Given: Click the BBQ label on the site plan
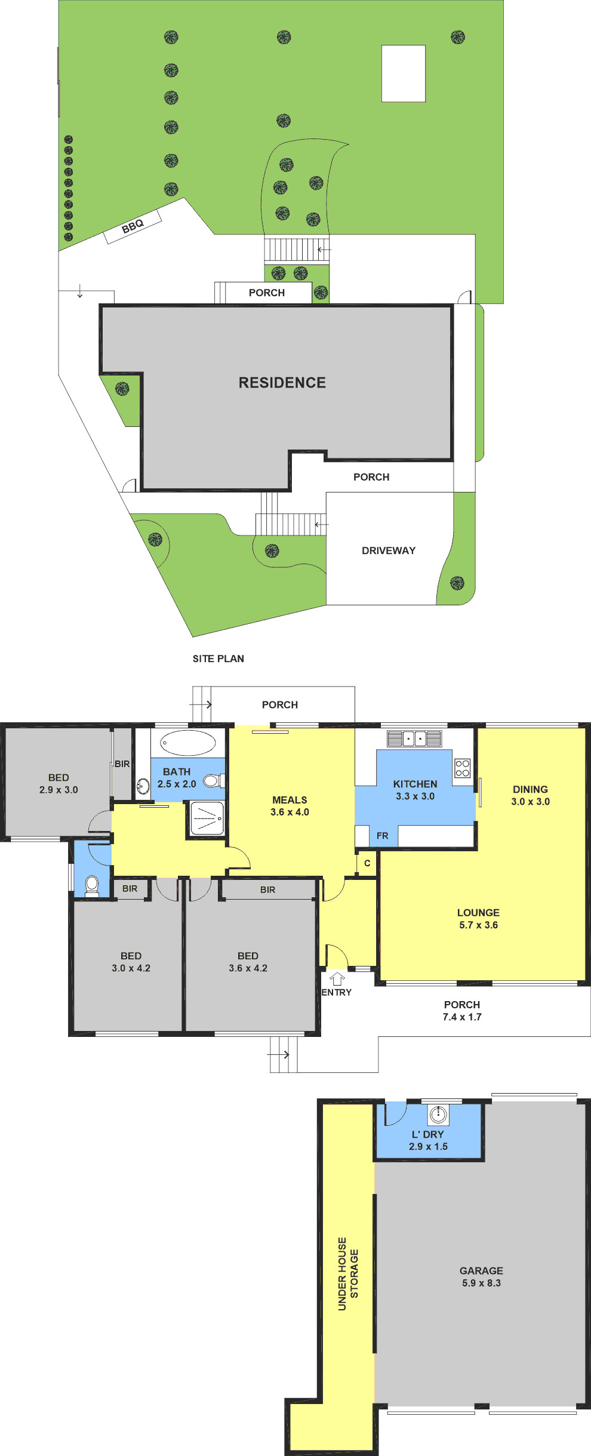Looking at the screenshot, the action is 133,226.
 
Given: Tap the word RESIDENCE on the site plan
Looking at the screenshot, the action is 282,383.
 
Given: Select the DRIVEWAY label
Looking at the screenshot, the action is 389,550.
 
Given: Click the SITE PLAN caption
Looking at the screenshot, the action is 218,658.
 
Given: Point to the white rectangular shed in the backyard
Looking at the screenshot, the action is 404,73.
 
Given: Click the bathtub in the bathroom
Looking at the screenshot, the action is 187,743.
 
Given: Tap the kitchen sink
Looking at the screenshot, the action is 414,738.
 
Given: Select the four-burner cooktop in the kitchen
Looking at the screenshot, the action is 462,768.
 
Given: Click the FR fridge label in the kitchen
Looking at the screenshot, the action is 383,836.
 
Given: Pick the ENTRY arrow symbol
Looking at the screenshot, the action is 338,978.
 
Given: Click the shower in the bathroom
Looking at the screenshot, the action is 207,818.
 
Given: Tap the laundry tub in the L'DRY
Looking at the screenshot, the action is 438,1114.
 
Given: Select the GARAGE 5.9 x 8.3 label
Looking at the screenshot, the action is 481,1277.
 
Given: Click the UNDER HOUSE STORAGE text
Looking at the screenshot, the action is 348,1274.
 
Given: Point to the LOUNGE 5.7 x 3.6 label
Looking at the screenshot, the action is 478,919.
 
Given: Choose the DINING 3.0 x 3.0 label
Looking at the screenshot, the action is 530,795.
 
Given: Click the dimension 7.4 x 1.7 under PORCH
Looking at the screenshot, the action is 462,1017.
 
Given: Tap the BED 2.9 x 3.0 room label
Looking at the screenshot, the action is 59,783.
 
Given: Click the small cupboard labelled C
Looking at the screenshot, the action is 367,863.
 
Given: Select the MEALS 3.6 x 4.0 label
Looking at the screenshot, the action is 290,806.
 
